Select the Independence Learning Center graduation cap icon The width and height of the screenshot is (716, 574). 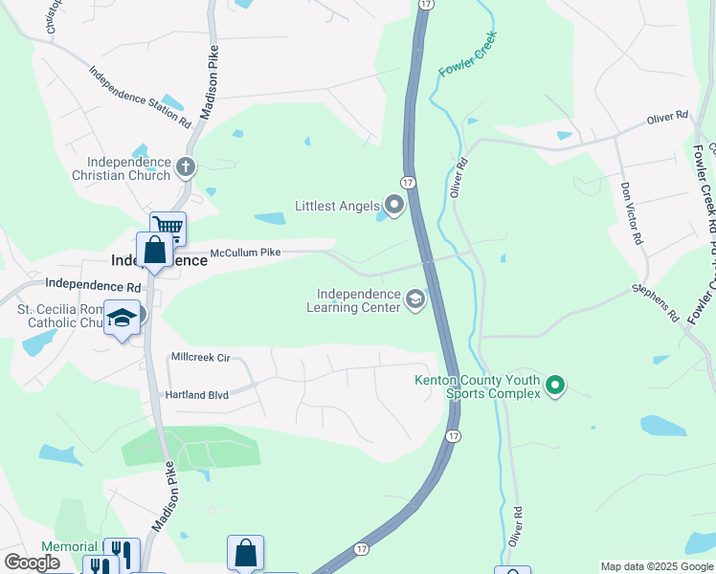(415, 300)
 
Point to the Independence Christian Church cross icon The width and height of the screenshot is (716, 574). (186, 168)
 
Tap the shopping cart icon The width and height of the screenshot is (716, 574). (168, 228)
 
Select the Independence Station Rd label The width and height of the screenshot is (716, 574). (140, 97)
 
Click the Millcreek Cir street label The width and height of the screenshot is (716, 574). (200, 358)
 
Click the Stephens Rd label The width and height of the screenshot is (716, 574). (655, 301)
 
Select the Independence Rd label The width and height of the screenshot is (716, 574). (93, 284)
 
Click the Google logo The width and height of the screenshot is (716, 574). (32, 563)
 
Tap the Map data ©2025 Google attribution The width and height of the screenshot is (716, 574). (657, 566)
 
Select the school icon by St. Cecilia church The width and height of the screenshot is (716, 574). (122, 318)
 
